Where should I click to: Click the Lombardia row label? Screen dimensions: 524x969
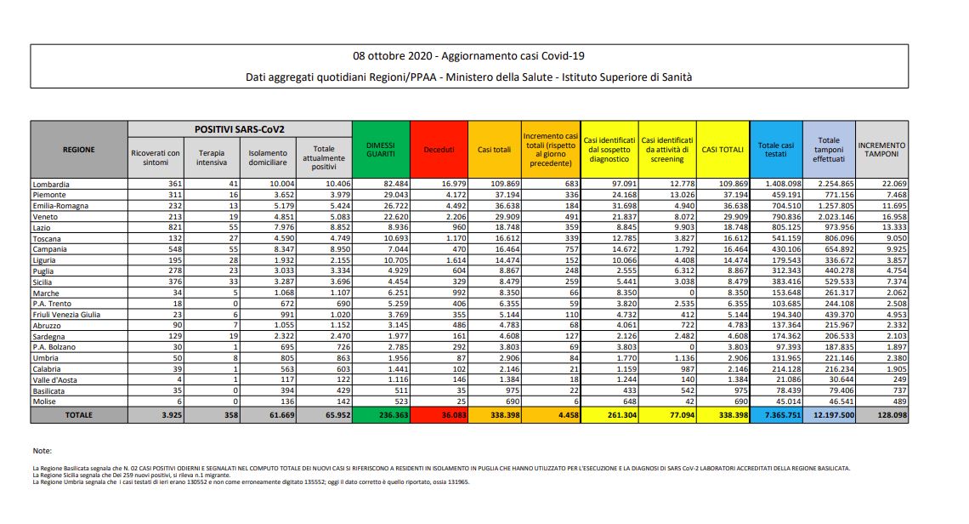coord(51,184)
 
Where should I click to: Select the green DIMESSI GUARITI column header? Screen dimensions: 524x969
coord(380,150)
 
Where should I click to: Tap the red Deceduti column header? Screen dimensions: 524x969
coord(439,150)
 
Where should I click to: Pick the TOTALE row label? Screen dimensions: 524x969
coord(78,414)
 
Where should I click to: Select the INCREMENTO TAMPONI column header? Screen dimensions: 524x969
coord(881,150)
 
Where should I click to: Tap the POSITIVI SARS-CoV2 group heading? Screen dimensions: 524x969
coord(239,129)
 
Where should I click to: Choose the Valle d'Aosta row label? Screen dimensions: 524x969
coord(56,380)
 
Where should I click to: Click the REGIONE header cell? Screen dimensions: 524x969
coord(78,150)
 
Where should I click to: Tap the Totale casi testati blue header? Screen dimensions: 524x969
coord(774,150)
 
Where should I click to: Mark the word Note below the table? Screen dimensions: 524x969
coord(42,450)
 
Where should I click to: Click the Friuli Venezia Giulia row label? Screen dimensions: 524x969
coord(66,314)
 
